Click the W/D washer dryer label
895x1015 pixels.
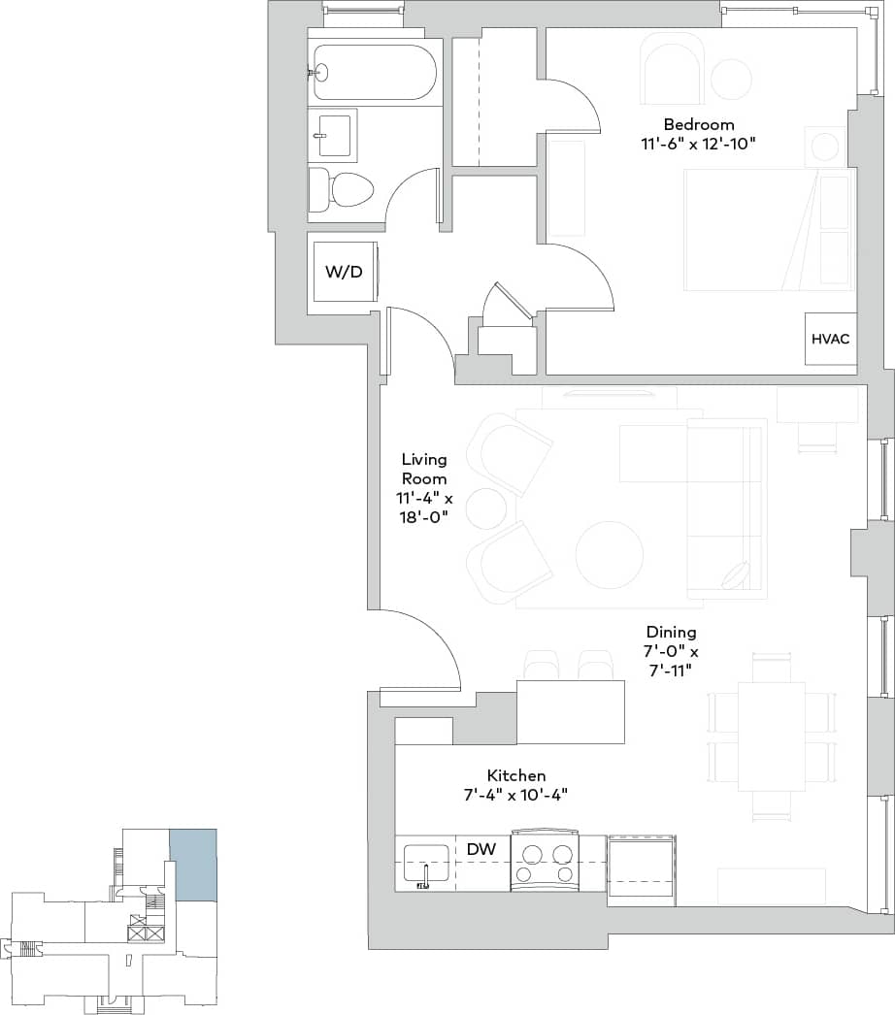pyautogui.click(x=343, y=272)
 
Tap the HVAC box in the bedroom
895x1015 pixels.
pyautogui.click(x=830, y=339)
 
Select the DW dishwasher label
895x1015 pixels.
pyautogui.click(x=481, y=849)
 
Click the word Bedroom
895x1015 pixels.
pyautogui.click(x=698, y=124)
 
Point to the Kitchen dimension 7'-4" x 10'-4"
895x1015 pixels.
pyautogui.click(x=515, y=794)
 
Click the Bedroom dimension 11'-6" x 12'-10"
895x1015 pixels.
pyautogui.click(x=698, y=143)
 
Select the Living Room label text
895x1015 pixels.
pyautogui.click(x=424, y=468)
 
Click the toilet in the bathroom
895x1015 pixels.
pyautogui.click(x=343, y=189)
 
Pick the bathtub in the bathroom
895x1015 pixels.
pyautogui.click(x=374, y=72)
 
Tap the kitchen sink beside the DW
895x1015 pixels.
pyautogui.click(x=426, y=863)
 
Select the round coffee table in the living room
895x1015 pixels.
pyautogui.click(x=609, y=554)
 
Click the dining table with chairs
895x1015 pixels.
pyautogui.click(x=771, y=736)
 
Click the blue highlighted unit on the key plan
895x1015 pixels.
pyautogui.click(x=193, y=864)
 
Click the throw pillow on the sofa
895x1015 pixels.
pyautogui.click(x=737, y=574)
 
